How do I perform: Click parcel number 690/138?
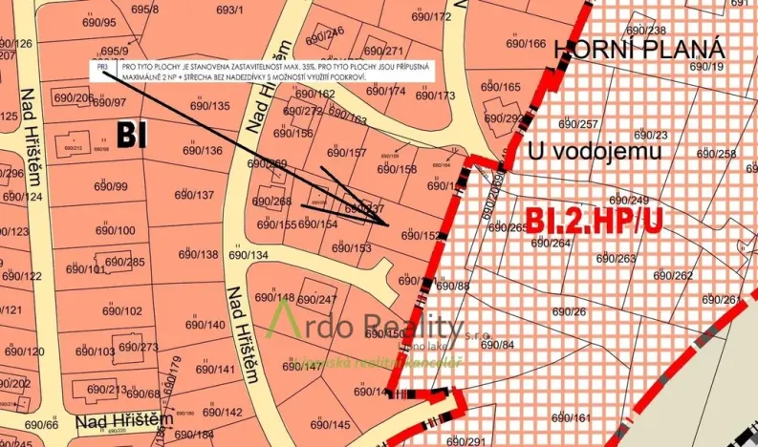coord(199,254)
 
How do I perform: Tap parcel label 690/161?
coord(571,416)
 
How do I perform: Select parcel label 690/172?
coord(430,16)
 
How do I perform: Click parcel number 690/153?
coord(352,247)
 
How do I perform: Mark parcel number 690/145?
coord(331,425)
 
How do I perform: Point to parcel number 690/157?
coord(347,152)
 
